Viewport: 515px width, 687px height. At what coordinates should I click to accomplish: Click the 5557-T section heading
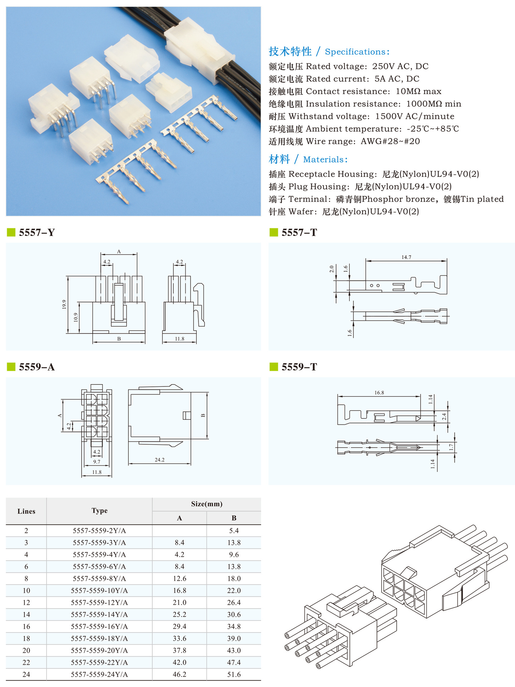point(299,233)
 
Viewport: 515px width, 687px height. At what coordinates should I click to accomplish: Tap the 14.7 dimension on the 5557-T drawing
point(406,257)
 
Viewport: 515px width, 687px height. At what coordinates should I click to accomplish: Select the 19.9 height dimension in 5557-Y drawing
point(64,304)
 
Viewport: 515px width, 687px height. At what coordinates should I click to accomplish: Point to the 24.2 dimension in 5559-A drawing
point(160,460)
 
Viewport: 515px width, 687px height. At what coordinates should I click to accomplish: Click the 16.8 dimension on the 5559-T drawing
point(379,393)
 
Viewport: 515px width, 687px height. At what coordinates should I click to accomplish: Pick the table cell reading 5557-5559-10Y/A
point(99,590)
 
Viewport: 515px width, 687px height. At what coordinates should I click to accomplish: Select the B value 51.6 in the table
point(234,674)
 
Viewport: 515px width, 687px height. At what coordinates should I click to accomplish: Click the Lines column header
point(26,511)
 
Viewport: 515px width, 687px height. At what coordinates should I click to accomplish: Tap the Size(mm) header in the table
point(206,504)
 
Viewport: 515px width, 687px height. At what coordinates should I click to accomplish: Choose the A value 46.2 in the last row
point(179,674)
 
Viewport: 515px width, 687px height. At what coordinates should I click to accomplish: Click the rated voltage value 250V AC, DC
point(400,66)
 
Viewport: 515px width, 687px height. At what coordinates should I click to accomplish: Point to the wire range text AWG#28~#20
point(390,141)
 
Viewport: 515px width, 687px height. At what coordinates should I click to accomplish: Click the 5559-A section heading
point(36,367)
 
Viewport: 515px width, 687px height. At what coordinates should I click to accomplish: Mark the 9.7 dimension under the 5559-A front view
point(97,462)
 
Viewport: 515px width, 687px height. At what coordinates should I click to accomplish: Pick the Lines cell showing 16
point(26,627)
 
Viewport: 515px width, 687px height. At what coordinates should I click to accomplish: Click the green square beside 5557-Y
point(11,233)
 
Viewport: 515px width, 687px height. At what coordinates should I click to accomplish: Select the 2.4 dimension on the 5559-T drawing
point(444,416)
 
